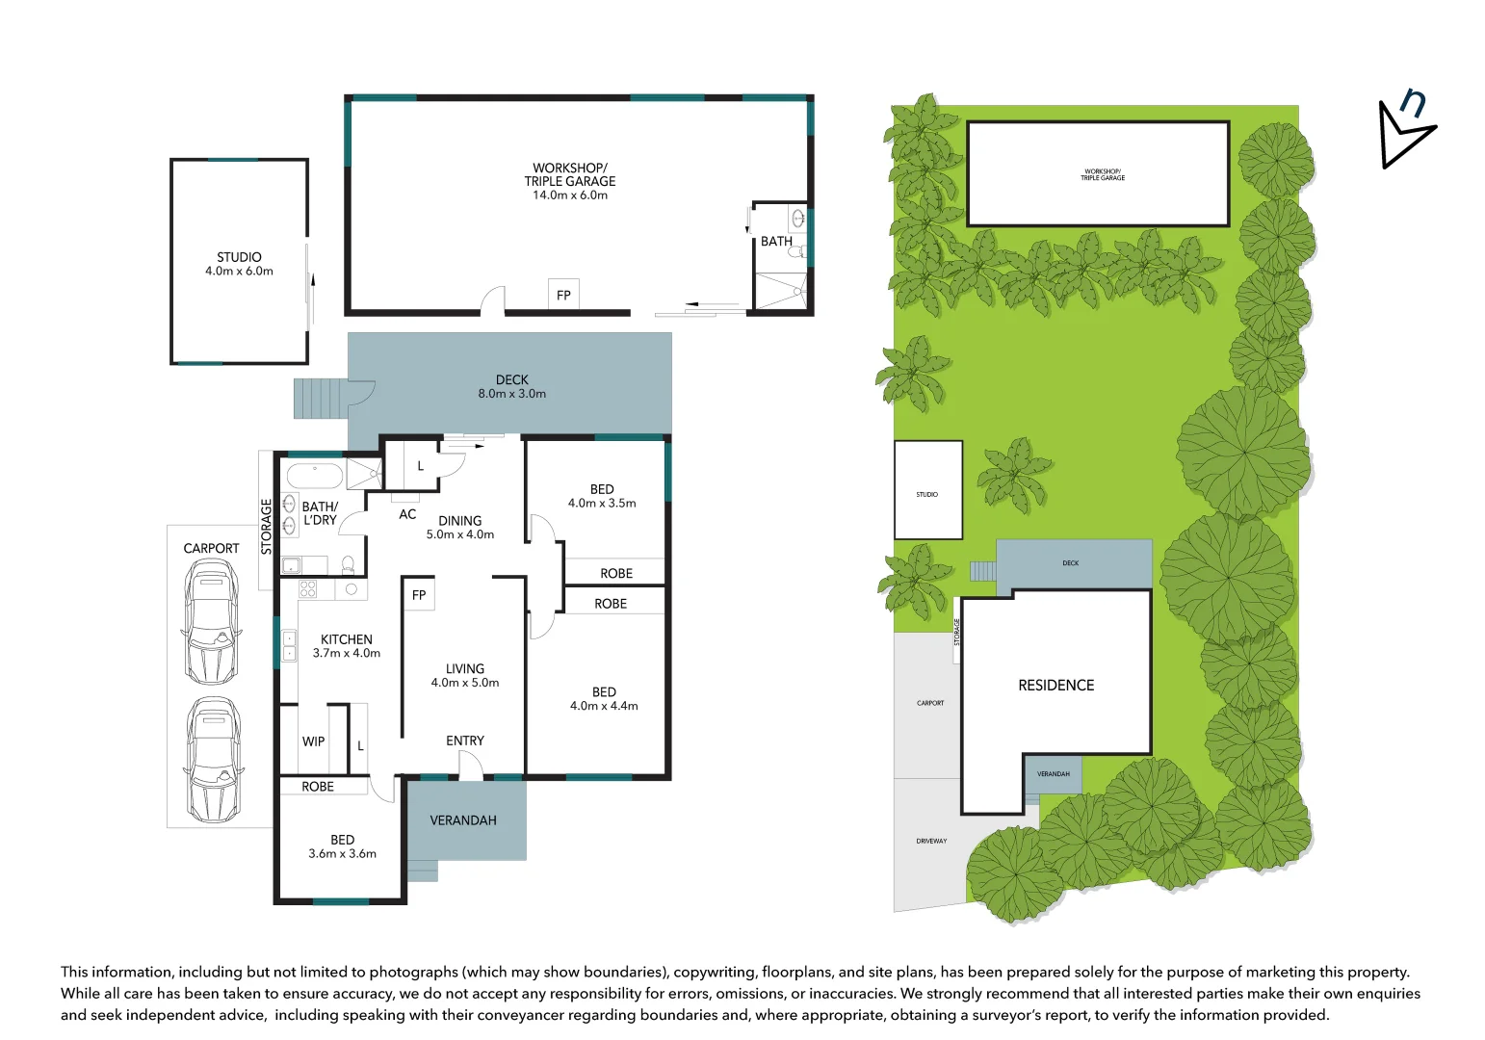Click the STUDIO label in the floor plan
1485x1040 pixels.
coord(239,257)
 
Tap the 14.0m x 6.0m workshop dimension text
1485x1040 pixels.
coord(570,195)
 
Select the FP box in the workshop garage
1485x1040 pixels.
coord(563,296)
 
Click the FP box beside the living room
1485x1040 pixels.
coord(419,595)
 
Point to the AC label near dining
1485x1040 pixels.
coord(407,514)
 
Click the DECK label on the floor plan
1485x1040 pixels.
coord(511,379)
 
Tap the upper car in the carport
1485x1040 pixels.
coord(211,623)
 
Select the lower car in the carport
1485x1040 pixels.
coord(213,758)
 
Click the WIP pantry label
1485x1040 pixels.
coord(313,741)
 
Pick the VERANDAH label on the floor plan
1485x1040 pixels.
coord(463,820)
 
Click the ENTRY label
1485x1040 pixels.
coord(465,741)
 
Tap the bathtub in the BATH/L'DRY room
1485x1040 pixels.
coord(314,476)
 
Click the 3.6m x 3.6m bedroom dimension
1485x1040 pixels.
coord(342,854)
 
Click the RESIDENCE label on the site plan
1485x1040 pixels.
coord(1055,686)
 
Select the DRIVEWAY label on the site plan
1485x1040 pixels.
coord(931,841)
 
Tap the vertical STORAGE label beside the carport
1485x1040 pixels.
coord(267,526)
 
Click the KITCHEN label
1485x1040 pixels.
coord(346,639)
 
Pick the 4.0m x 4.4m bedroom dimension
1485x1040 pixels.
coord(604,706)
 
